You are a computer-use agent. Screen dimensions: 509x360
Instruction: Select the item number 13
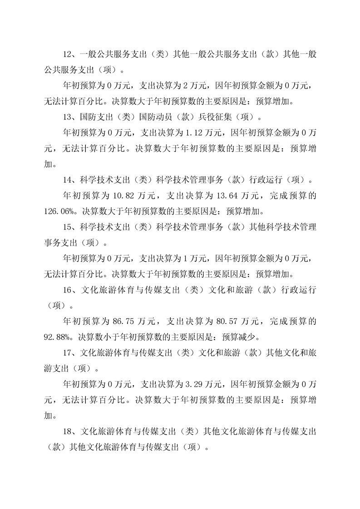pos(67,117)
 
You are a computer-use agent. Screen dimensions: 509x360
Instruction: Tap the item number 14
pos(67,180)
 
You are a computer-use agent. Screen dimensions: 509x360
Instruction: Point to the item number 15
pos(67,227)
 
